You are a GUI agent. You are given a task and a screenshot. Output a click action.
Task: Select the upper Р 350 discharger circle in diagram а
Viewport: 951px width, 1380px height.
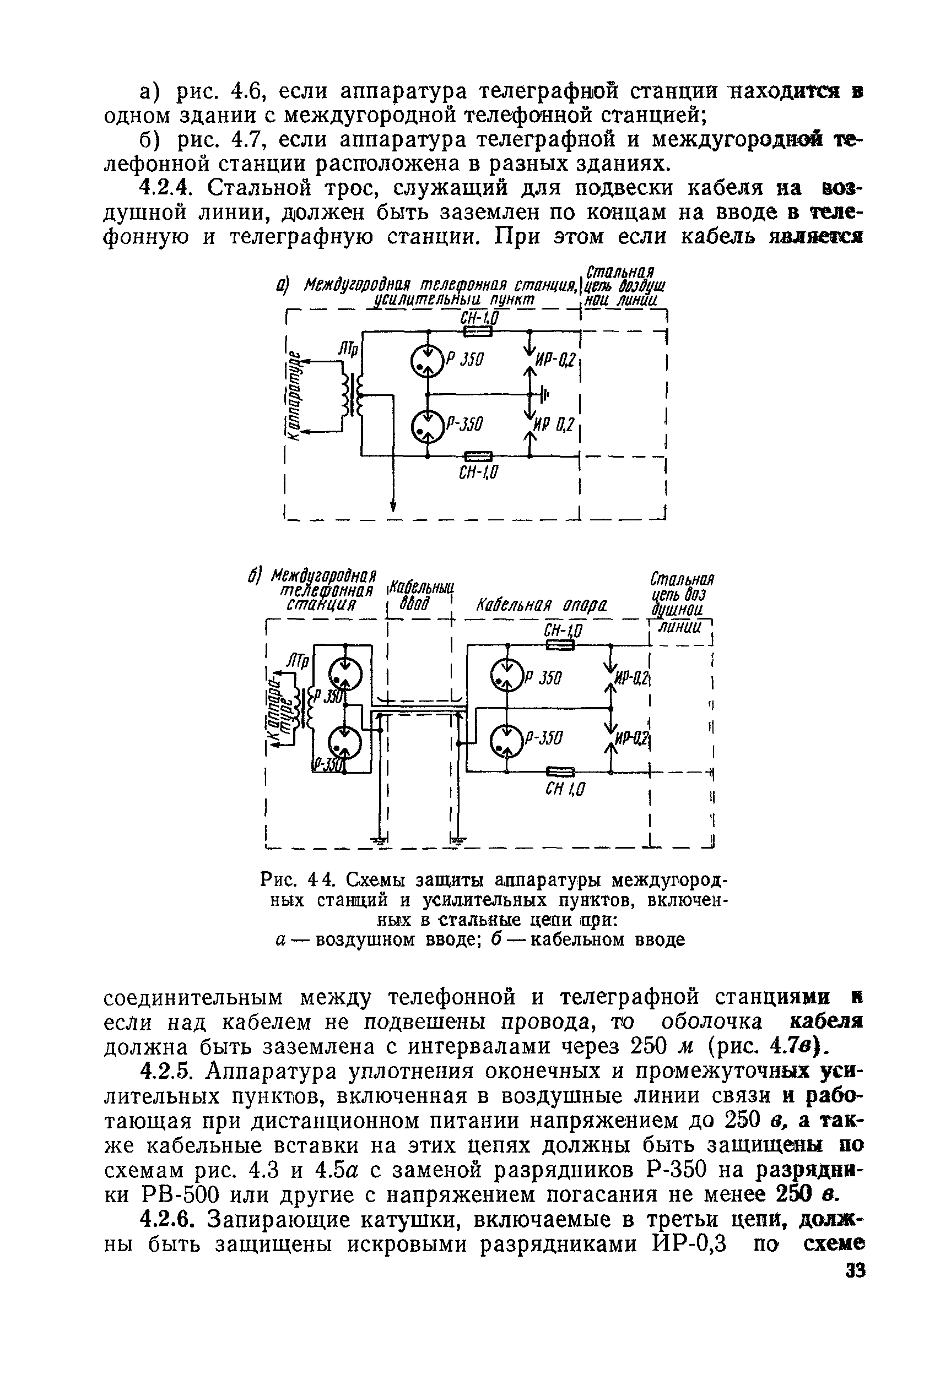(x=427, y=362)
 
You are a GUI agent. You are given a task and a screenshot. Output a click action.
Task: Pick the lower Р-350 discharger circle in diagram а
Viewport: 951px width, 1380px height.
(x=427, y=425)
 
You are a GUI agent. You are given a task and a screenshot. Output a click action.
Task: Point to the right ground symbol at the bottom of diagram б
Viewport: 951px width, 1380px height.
(x=457, y=840)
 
